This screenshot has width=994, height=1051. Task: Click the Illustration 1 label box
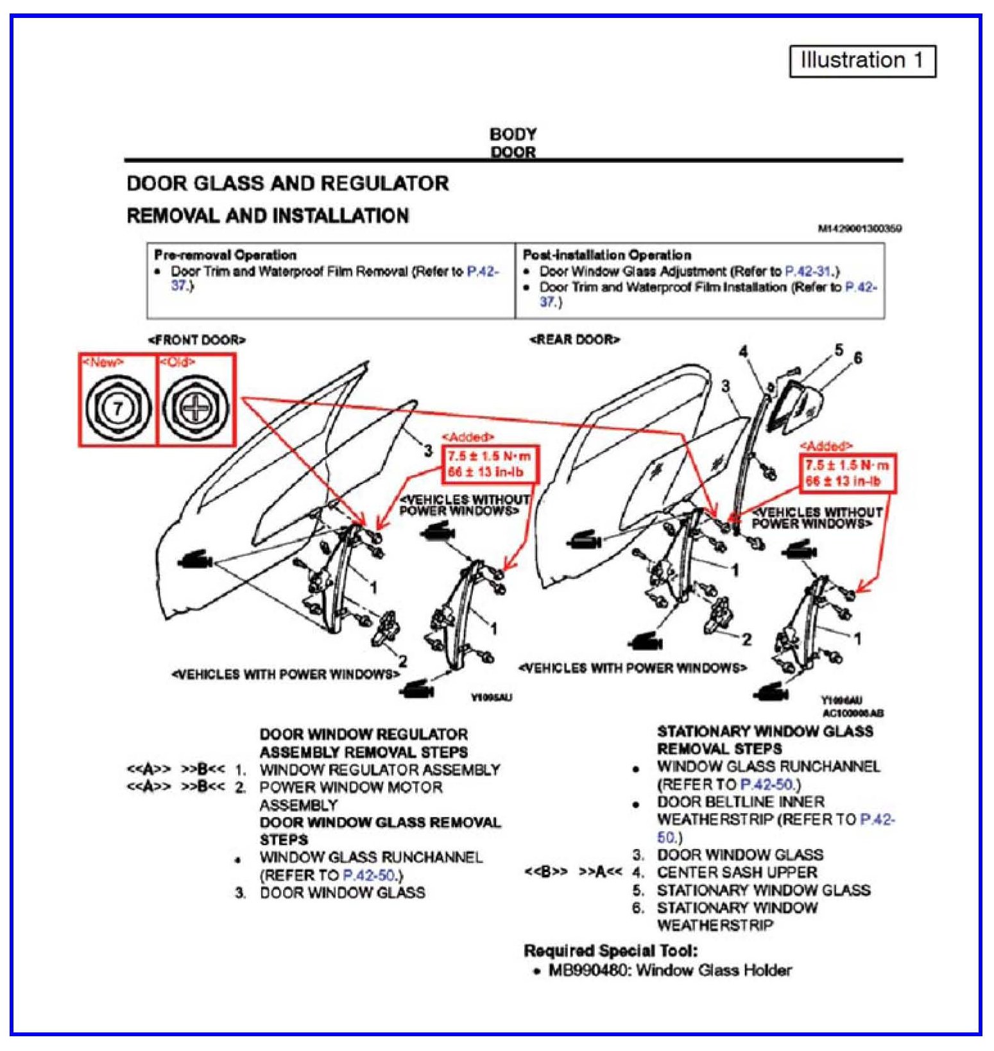click(862, 61)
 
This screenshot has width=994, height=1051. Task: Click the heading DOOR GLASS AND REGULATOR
click(287, 183)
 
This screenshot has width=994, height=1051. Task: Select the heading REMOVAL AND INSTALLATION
click(268, 215)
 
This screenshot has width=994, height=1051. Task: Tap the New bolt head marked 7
click(117, 408)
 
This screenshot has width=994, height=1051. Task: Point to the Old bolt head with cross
click(195, 408)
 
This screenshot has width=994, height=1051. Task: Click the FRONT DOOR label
click(196, 340)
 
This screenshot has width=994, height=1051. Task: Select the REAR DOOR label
click(574, 339)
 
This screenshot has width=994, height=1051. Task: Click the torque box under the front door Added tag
click(489, 464)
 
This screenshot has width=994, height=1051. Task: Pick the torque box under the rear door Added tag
click(847, 473)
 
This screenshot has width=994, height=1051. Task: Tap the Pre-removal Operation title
click(225, 255)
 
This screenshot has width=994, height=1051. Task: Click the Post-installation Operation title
click(607, 255)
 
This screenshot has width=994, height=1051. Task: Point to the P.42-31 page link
click(811, 271)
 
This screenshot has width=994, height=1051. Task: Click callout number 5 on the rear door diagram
click(839, 350)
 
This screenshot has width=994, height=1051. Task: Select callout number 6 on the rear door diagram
click(858, 358)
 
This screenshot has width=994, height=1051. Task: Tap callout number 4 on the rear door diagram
click(743, 351)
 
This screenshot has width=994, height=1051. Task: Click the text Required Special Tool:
click(610, 951)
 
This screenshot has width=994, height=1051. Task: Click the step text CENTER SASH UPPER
click(737, 873)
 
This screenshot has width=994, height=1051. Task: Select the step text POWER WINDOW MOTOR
click(350, 787)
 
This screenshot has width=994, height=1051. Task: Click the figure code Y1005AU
click(492, 697)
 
